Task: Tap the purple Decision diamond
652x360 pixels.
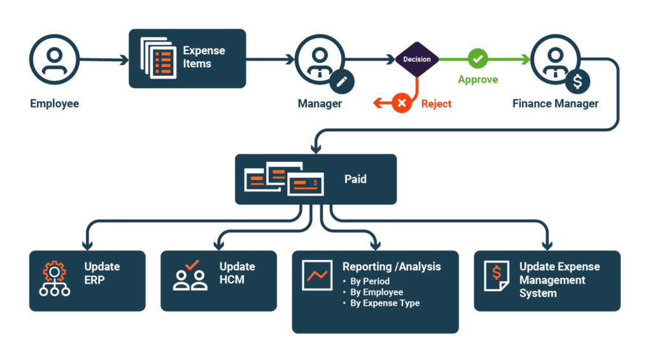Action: [417, 59]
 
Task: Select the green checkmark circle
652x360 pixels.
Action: [478, 59]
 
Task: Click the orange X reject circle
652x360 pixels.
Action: [401, 103]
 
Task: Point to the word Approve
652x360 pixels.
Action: [478, 80]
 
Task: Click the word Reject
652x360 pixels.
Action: [436, 103]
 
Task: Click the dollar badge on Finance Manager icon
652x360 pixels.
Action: [578, 82]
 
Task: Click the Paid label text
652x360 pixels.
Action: [355, 179]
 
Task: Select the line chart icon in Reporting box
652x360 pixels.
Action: [317, 275]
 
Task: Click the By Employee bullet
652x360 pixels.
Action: [376, 292]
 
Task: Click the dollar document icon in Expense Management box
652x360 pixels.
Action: [495, 277]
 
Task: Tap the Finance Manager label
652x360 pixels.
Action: [555, 103]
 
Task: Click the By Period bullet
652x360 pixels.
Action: [370, 281]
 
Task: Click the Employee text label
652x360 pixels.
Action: [54, 103]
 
